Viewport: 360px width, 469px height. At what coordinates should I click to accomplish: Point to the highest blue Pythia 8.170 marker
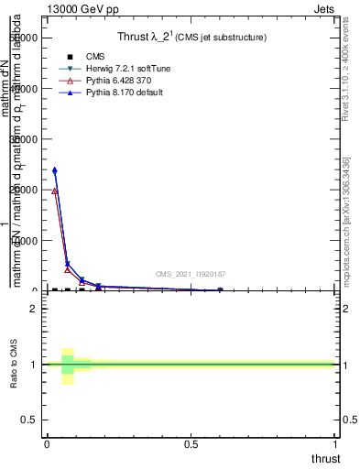pyautogui.click(x=55, y=170)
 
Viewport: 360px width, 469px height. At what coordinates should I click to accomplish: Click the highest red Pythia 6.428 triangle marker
pyautogui.click(x=55, y=191)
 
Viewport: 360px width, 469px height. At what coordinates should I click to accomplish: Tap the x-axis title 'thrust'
pyautogui.click(x=324, y=458)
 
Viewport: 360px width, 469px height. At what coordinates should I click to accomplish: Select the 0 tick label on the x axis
pyautogui.click(x=47, y=443)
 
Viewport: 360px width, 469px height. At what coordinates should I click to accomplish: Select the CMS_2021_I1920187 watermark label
pyautogui.click(x=191, y=274)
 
